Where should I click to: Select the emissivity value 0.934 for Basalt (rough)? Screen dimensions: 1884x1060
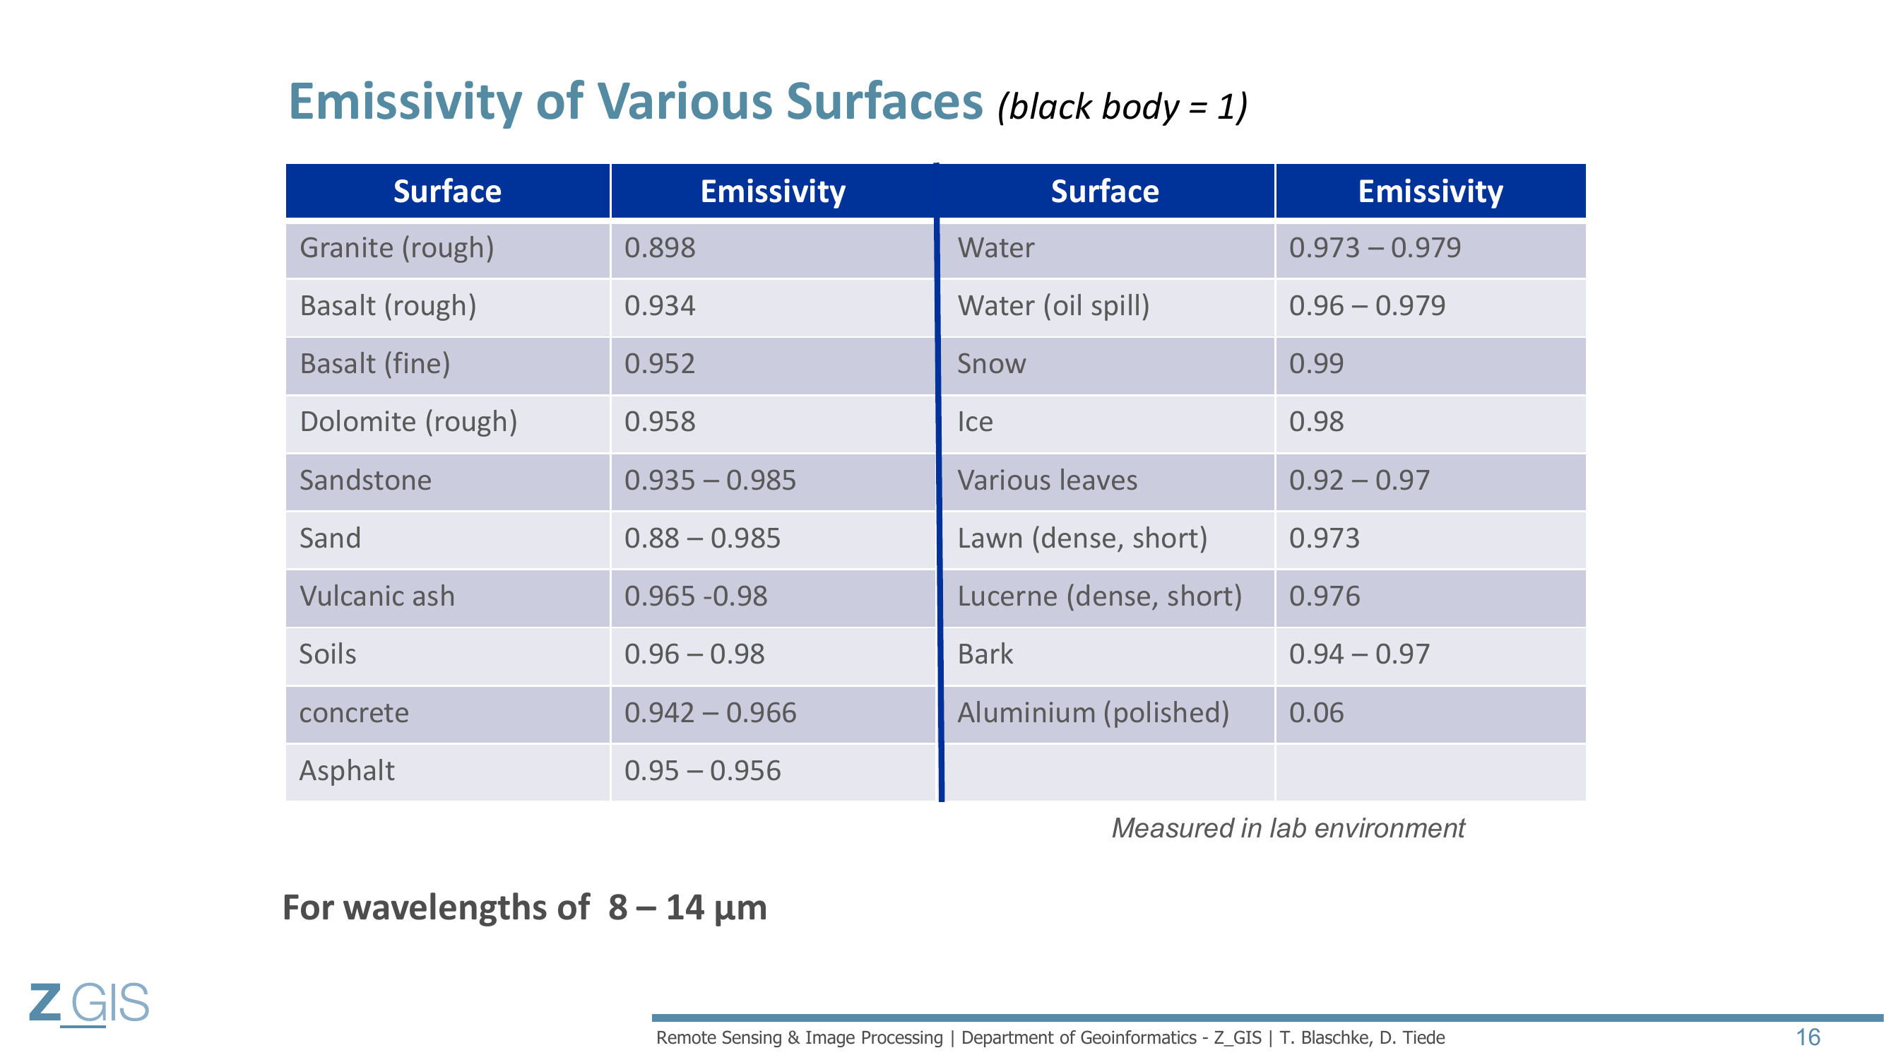pyautogui.click(x=660, y=305)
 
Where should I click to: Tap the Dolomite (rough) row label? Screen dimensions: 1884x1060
pyautogui.click(x=408, y=422)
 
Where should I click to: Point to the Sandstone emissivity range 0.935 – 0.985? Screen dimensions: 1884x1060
pyautogui.click(x=709, y=481)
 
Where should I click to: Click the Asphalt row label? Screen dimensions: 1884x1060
pyautogui.click(x=347, y=771)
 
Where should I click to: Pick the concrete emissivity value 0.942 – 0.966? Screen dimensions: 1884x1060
pyautogui.click(x=710, y=712)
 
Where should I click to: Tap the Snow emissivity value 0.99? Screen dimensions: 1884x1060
pyautogui.click(x=1317, y=363)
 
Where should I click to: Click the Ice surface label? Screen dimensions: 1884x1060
pyautogui.click(x=975, y=422)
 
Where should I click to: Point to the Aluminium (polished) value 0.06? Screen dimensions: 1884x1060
pyautogui.click(x=1317, y=712)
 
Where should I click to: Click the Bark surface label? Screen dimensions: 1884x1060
pyautogui.click(x=985, y=654)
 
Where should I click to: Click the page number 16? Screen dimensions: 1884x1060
pyautogui.click(x=1808, y=1037)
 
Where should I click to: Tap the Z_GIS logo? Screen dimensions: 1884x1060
pyautogui.click(x=89, y=1003)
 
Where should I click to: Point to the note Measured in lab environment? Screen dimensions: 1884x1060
pyautogui.click(x=1288, y=828)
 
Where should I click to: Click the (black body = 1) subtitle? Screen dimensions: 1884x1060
pyautogui.click(x=1122, y=107)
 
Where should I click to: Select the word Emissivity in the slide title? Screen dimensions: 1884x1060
pyautogui.click(x=406, y=102)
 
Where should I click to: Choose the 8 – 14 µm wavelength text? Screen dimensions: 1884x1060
pyautogui.click(x=687, y=909)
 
